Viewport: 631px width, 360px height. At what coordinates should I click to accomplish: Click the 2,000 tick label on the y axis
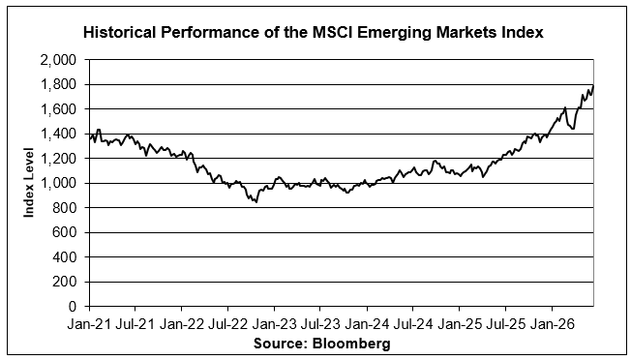[58, 60]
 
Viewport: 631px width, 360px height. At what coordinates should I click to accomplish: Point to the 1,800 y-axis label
[58, 85]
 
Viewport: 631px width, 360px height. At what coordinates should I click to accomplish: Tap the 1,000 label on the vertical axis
[58, 184]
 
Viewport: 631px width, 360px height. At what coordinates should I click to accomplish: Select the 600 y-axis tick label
[65, 232]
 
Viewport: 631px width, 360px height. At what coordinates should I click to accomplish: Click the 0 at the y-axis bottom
[73, 307]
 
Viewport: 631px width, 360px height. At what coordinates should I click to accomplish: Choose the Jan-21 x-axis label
[88, 324]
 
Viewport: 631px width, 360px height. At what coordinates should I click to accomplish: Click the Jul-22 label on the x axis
[227, 324]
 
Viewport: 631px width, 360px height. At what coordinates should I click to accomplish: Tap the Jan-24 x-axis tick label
[366, 324]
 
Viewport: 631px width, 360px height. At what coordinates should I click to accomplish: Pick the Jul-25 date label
[505, 324]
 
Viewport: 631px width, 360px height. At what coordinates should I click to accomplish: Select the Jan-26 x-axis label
[552, 324]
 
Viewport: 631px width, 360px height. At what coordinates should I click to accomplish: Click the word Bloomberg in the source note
[351, 344]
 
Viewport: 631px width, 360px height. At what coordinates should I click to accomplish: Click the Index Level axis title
[29, 183]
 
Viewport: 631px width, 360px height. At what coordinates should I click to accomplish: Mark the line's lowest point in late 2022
[256, 202]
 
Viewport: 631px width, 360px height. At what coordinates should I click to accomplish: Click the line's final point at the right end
[593, 86]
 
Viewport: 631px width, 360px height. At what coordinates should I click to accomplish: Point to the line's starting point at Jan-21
[89, 138]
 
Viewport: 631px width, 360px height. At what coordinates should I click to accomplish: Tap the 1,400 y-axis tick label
[58, 134]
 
